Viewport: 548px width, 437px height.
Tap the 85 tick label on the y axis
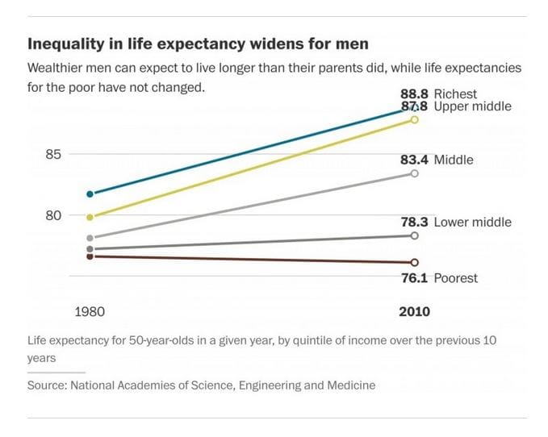click(x=53, y=154)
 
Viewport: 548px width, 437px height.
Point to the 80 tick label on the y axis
click(x=53, y=215)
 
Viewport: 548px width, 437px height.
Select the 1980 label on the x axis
click(x=90, y=312)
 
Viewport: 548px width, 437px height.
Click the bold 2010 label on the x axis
click(x=415, y=312)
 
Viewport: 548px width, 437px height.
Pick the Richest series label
click(x=455, y=94)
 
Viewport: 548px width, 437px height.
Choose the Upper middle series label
click(x=472, y=106)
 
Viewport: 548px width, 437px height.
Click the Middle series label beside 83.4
click(x=454, y=160)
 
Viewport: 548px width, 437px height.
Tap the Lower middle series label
click(x=472, y=222)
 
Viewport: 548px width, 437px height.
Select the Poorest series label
click(x=455, y=278)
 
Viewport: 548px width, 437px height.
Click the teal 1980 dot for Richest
click(x=90, y=194)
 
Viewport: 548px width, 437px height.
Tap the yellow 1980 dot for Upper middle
click(x=90, y=217)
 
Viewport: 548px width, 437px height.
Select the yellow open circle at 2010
click(x=415, y=119)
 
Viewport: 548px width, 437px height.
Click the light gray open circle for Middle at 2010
click(x=415, y=173)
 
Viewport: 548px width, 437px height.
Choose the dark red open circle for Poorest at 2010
click(x=415, y=262)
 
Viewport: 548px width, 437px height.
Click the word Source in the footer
click(x=46, y=385)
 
